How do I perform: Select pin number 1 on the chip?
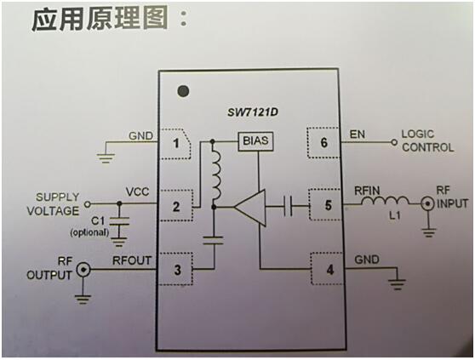175,143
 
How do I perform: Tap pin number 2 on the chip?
175,205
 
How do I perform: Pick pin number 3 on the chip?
175,270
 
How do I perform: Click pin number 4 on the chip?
325,270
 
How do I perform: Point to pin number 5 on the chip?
325,205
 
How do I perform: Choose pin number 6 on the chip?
325,142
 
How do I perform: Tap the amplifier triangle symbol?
249,206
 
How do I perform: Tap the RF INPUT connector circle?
423,204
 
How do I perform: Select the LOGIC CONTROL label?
427,141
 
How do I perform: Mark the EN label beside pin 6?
358,134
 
